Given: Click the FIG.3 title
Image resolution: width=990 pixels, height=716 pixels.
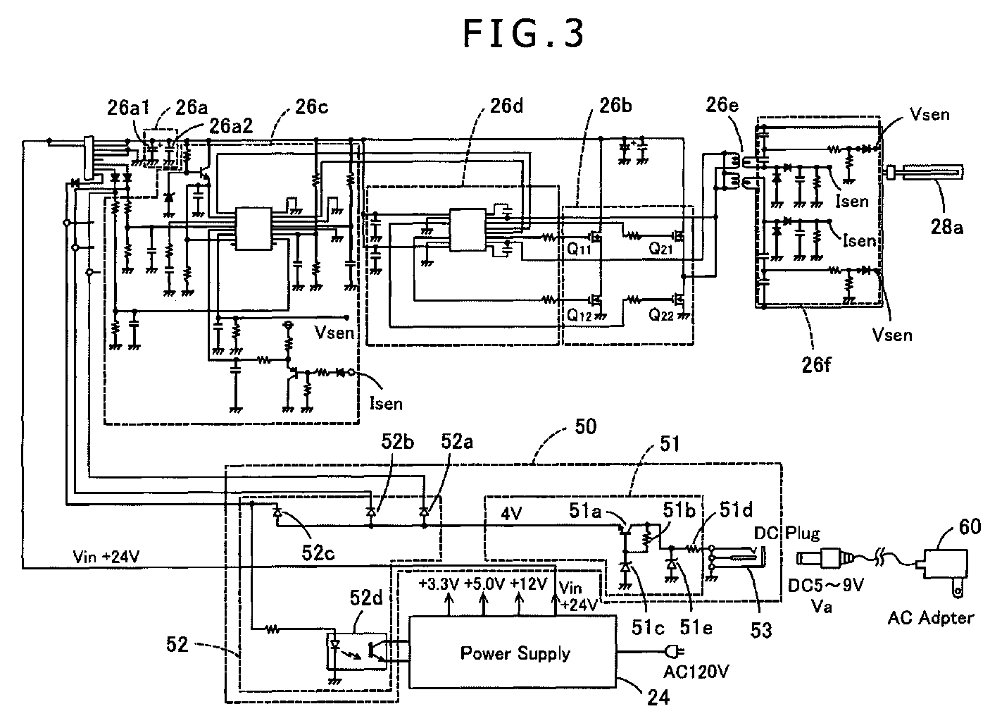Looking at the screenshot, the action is pos(523,34).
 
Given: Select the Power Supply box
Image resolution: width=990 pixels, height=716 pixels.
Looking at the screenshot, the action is pos(512,652).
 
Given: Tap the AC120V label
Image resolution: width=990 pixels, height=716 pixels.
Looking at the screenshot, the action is pos(696,672).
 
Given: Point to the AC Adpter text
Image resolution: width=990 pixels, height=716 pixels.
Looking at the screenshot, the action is pos(930,618).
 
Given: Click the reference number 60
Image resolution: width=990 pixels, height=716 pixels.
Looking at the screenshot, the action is pos(970,526).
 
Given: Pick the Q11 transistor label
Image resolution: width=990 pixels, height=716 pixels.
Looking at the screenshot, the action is pos(579,249).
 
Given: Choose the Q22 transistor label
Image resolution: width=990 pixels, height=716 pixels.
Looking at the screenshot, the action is pos(660,315).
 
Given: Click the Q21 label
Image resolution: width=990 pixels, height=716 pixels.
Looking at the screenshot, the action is pos(660,249).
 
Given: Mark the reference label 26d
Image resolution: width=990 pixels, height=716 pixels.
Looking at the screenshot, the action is pos(506,106).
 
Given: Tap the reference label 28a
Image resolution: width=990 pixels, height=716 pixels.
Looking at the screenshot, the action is pos(946,227).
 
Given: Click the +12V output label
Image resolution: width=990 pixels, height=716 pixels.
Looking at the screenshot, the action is pos(529,584).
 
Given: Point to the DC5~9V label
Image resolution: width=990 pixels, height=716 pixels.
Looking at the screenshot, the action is pos(826,586).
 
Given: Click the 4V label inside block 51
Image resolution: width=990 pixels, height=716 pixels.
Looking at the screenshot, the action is pos(511,514).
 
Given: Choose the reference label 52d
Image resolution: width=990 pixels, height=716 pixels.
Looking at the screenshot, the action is pos(366,598).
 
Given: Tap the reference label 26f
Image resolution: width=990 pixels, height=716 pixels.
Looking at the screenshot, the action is pos(816,365).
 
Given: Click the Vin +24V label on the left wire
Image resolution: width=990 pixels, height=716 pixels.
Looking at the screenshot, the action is pos(106,557).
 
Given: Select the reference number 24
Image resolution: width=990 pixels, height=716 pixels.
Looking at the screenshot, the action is pos(658,698).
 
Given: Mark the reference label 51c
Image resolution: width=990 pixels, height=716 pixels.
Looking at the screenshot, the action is pos(648,627).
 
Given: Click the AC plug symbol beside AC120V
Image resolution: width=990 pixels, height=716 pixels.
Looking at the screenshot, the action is pos(675,651).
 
